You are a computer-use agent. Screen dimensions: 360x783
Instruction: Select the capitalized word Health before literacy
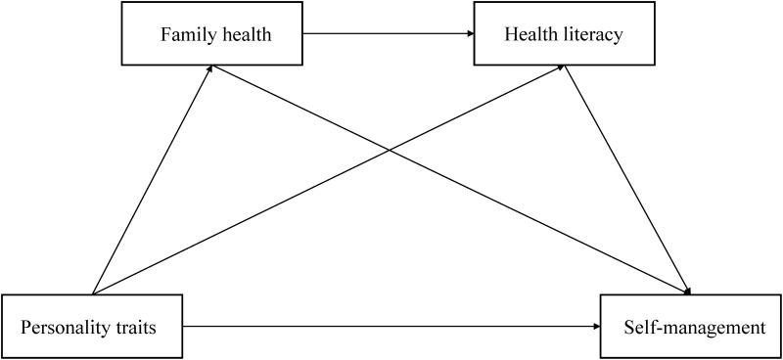coord(530,36)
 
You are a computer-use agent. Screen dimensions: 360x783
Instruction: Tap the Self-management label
coord(694,327)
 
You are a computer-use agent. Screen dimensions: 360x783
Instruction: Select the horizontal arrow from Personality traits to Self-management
coord(391,327)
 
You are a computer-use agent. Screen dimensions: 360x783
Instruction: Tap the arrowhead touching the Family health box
coord(212,70)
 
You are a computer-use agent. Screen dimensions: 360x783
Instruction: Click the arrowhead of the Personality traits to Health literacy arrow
coord(561,68)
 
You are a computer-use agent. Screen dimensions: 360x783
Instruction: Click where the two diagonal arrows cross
coord(390,152)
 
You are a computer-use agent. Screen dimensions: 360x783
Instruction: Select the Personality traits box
coord(92,327)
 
